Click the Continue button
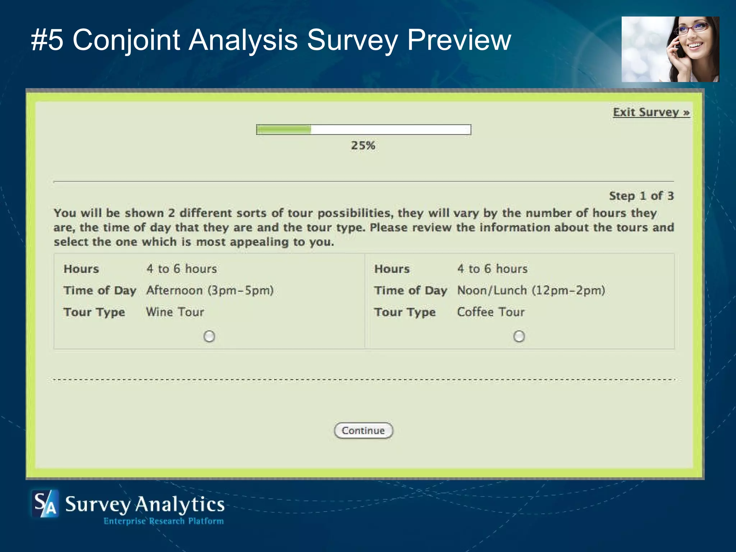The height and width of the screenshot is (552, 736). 363,431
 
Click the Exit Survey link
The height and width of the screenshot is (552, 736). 651,112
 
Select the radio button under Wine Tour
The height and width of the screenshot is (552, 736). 209,336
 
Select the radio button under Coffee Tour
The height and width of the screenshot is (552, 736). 519,336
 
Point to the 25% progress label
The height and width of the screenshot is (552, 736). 363,146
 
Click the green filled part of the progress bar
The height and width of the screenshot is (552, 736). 284,129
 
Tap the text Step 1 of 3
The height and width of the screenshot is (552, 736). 641,196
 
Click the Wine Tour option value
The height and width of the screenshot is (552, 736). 175,312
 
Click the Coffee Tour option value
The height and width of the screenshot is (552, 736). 491,312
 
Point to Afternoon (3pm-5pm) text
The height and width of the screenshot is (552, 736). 210,290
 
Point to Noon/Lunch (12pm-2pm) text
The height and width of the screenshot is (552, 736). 531,290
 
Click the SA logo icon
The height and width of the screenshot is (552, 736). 45,503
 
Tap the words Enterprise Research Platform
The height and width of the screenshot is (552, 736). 164,521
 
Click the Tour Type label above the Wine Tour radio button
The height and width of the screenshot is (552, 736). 94,312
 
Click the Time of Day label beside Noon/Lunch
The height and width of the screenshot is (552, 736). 410,290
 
